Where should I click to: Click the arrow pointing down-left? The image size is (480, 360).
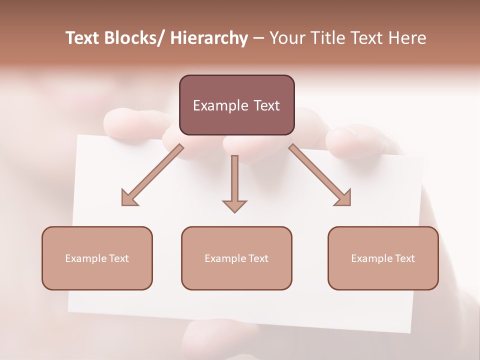tap(152, 175)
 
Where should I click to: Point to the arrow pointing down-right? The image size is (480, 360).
tap(320, 175)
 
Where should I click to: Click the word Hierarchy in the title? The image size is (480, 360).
tap(209, 38)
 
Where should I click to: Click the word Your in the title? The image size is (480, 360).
tap(286, 38)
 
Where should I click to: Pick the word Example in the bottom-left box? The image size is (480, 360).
tap(86, 258)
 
